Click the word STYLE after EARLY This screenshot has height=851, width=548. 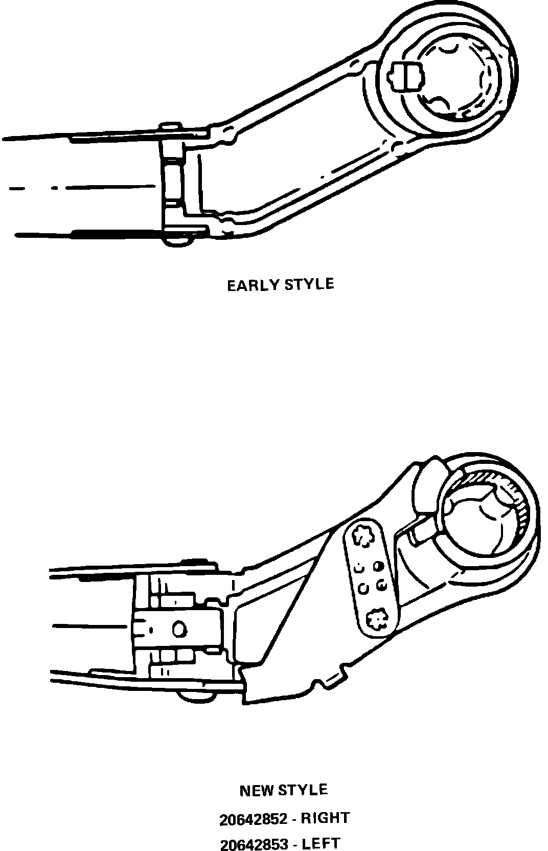tap(309, 284)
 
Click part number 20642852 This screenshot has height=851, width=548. tap(253, 819)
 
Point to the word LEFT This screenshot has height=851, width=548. tap(321, 843)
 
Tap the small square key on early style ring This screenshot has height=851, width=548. tap(406, 77)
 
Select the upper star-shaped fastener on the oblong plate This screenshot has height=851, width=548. tap(366, 536)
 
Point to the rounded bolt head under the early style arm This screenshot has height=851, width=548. tap(178, 239)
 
